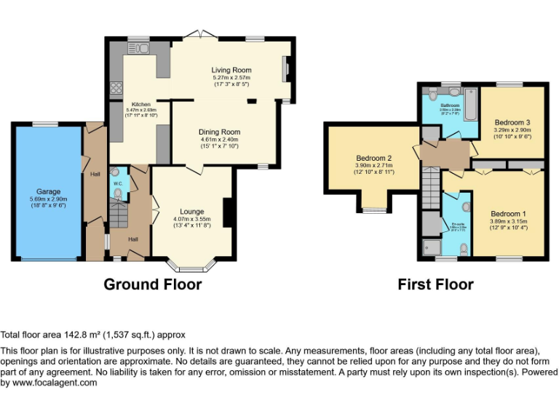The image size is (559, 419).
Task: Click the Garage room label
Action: coord(48,192)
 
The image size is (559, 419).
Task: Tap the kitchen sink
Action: coord(139,49)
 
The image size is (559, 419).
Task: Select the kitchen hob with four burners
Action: coord(116,89)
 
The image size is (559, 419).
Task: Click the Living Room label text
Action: coord(231,70)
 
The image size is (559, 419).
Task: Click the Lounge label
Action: coord(192,212)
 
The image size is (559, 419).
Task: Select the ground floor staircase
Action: coord(118,215)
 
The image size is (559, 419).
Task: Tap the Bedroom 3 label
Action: coord(512,121)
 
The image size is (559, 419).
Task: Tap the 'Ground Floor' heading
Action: coord(152,284)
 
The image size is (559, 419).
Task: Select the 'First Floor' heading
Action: coord(435,284)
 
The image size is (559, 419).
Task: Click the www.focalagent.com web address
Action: coord(49,383)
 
